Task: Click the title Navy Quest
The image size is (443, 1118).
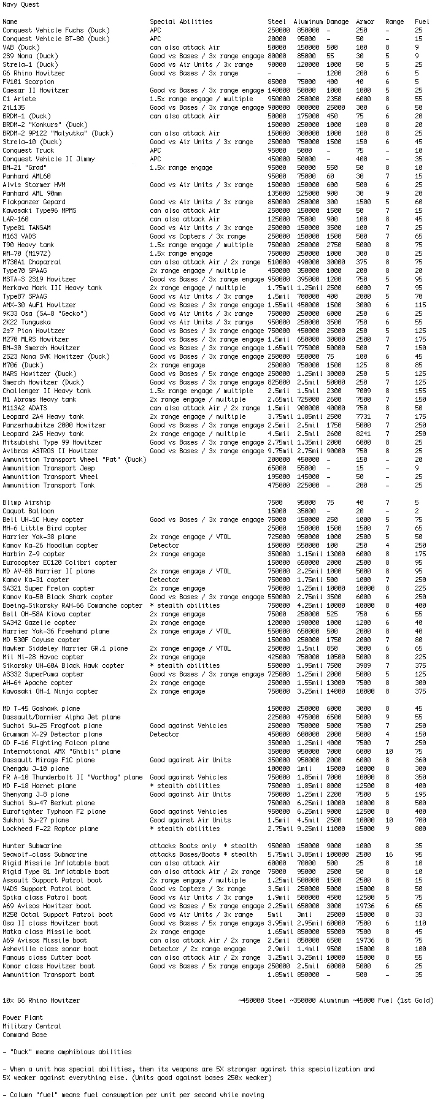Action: (x=21, y=4)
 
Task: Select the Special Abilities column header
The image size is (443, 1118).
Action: (x=181, y=21)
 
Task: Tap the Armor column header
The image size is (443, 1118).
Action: (x=365, y=21)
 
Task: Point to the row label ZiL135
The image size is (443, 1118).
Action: (x=13, y=107)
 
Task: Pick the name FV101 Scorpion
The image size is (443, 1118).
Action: (x=28, y=82)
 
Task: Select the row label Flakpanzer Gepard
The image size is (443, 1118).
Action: (x=34, y=202)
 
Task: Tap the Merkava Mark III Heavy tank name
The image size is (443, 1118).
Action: (x=52, y=288)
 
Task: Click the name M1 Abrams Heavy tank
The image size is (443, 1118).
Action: (x=39, y=399)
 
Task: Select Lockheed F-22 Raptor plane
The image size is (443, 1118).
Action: (x=50, y=829)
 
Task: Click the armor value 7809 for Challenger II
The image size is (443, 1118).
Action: (x=363, y=391)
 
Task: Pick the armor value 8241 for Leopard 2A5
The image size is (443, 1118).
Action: (x=363, y=434)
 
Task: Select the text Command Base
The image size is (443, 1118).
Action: (x=25, y=1035)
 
